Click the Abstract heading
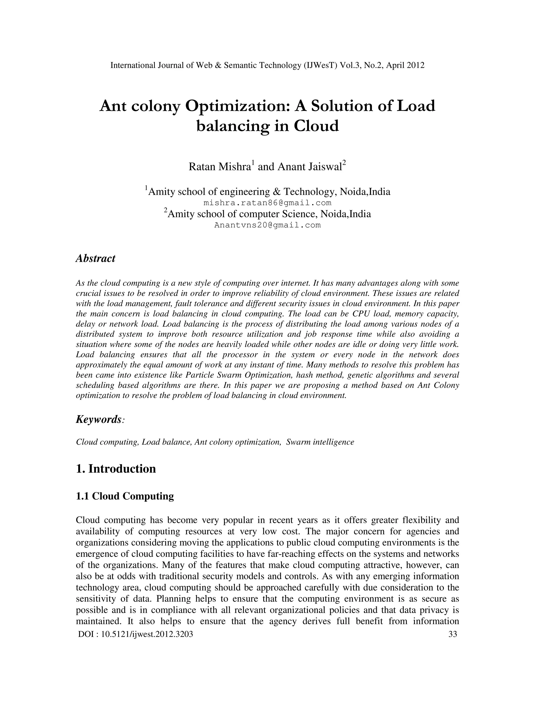95,258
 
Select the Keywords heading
99,419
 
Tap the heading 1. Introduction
116,469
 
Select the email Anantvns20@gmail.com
267,225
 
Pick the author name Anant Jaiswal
309,167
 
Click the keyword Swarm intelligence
320,442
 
